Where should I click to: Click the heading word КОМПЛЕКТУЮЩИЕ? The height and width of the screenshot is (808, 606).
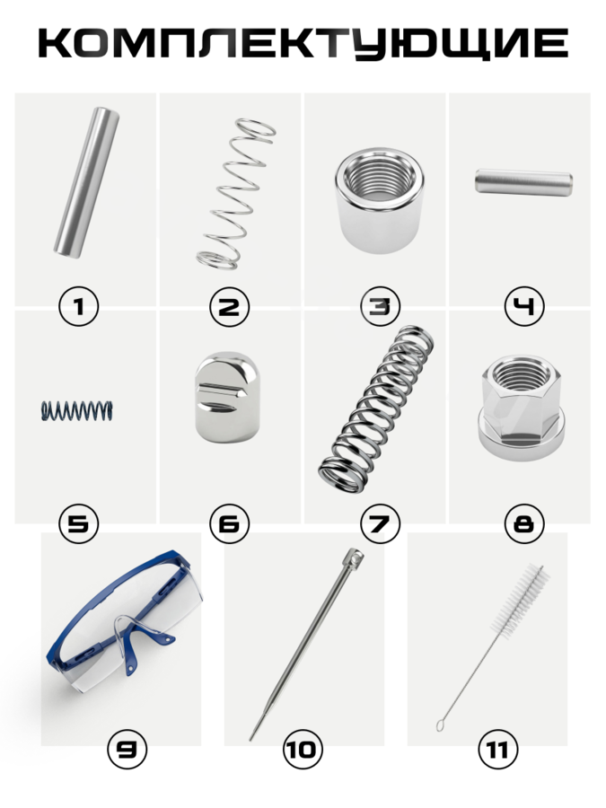303,43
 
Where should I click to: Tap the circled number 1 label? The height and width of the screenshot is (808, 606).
79,307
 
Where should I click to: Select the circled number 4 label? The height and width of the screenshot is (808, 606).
524,307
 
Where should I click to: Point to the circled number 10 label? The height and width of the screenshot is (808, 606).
303,750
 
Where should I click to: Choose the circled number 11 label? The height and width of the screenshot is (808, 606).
498,750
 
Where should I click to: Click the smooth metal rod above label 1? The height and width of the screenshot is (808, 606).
86,182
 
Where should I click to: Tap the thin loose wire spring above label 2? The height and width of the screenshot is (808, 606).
236,194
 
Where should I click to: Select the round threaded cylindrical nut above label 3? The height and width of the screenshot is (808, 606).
380,200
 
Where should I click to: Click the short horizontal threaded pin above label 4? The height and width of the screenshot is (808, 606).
523,182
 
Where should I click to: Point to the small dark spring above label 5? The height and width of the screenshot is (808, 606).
77,410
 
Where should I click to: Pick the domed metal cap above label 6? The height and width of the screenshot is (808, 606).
227,398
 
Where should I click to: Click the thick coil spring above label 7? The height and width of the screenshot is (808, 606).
376,408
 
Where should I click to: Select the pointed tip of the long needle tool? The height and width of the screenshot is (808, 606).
251,740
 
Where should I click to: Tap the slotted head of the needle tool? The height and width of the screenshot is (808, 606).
354,557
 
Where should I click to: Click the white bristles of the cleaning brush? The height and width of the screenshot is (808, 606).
520,600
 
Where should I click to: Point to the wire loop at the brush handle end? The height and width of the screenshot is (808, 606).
441,725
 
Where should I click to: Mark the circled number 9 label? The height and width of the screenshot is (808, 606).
127,750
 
